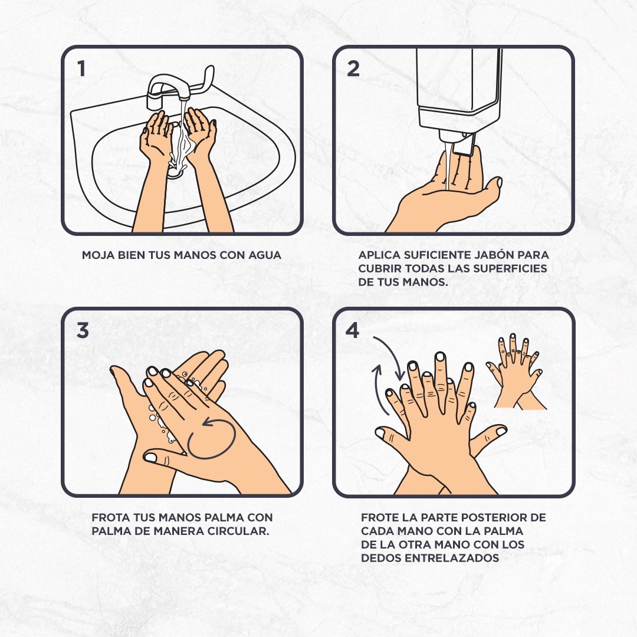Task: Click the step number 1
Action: click(x=81, y=68)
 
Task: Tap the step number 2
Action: click(x=353, y=68)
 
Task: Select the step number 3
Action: click(x=83, y=330)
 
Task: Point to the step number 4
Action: click(x=352, y=330)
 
